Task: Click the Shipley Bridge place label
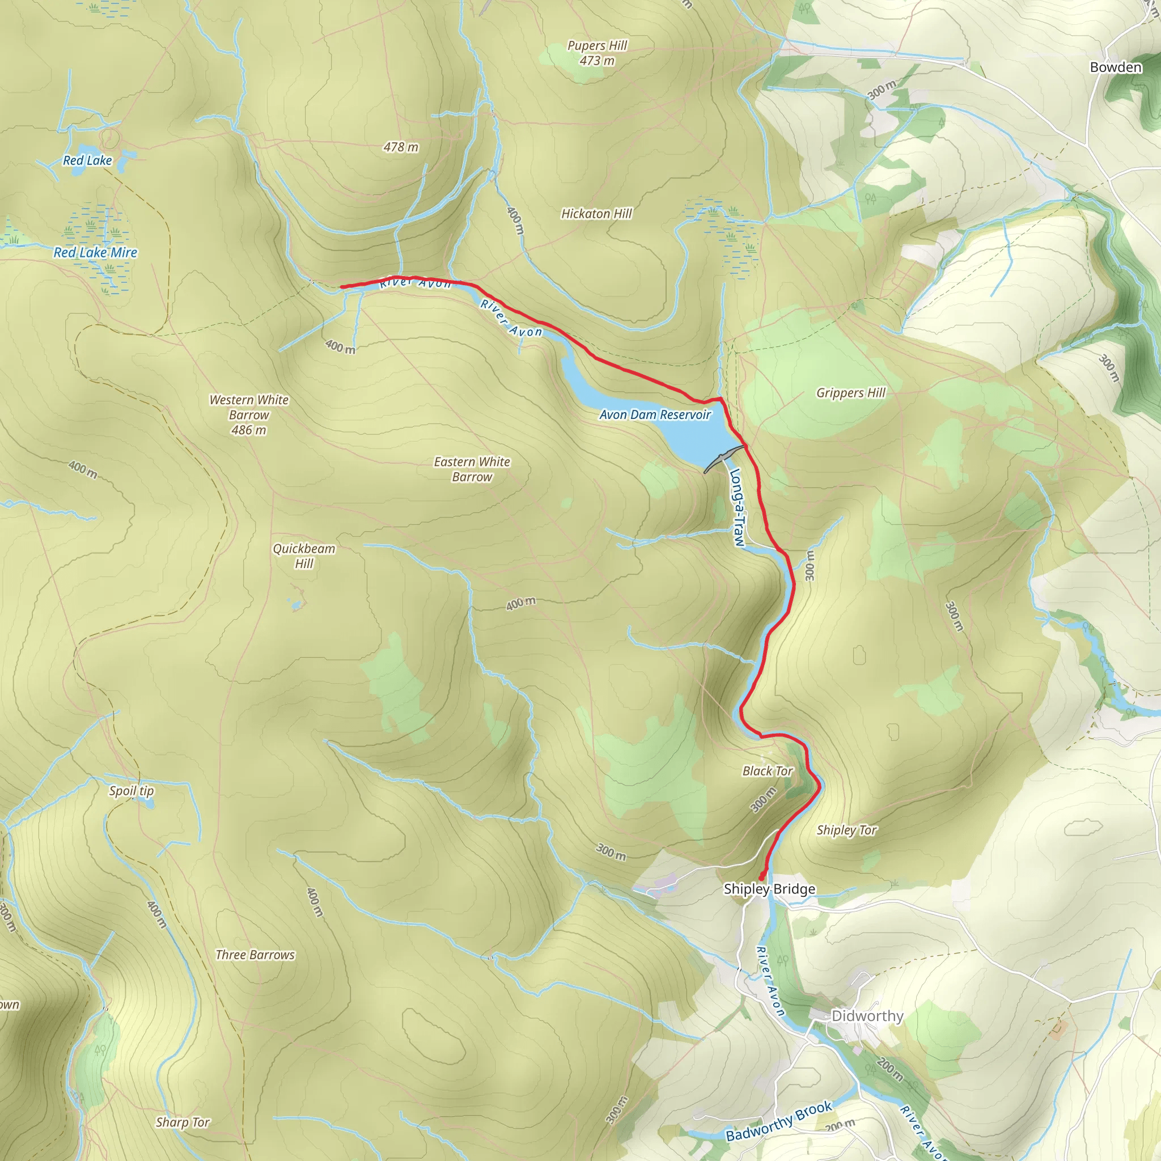pyautogui.click(x=769, y=889)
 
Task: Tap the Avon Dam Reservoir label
pyautogui.click(x=655, y=414)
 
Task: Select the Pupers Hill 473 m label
pyautogui.click(x=597, y=53)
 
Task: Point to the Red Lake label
pyautogui.click(x=88, y=160)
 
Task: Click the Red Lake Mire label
pyautogui.click(x=96, y=252)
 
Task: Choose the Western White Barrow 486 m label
pyautogui.click(x=249, y=414)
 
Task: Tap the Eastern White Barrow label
pyautogui.click(x=472, y=469)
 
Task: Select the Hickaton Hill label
pyautogui.click(x=596, y=214)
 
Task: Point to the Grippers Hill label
pyautogui.click(x=850, y=393)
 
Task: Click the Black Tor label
pyautogui.click(x=768, y=771)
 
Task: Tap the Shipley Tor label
pyautogui.click(x=846, y=831)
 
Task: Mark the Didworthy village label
pyautogui.click(x=867, y=1015)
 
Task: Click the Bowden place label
pyautogui.click(x=1115, y=67)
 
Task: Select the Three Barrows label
pyautogui.click(x=255, y=955)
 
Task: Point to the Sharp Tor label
pyautogui.click(x=183, y=1122)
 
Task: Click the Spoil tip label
pyautogui.click(x=131, y=791)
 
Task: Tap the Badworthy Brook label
pyautogui.click(x=779, y=1121)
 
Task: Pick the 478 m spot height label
pyautogui.click(x=401, y=147)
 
